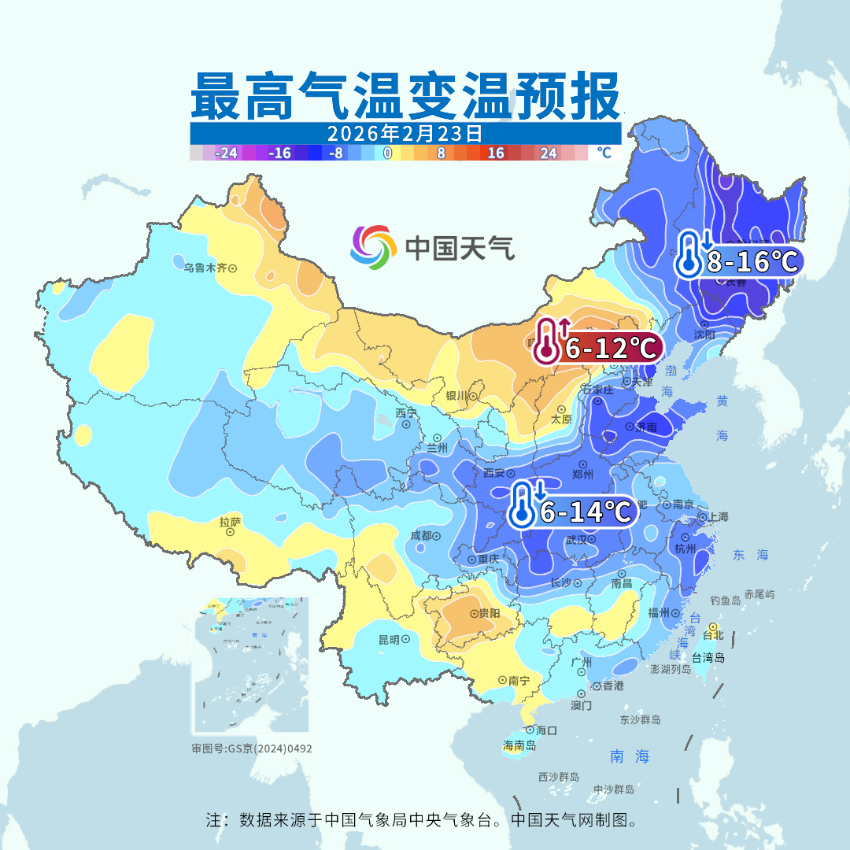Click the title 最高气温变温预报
405,96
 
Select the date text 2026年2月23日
405,132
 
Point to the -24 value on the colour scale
226,153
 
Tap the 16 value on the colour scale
495,153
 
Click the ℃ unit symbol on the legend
603,153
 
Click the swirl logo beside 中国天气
373,247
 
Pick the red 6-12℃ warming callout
597,346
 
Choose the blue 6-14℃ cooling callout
572,511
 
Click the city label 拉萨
230,521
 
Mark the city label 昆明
389,639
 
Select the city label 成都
421,536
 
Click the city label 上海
718,516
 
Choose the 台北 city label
712,634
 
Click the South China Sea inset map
251,666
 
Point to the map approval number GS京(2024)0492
251,748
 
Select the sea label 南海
630,756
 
